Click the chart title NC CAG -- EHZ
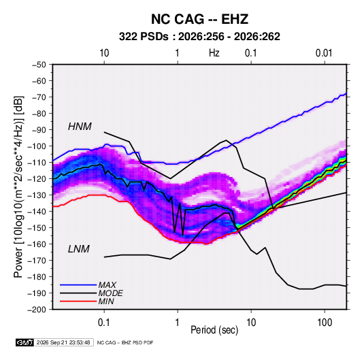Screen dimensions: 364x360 (199, 19)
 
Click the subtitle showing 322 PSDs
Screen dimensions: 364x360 (199, 37)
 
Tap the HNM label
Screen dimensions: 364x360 (80, 127)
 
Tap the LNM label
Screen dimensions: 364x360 (79, 249)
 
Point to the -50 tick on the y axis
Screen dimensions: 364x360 (39, 65)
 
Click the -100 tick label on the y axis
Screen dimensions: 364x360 (37, 146)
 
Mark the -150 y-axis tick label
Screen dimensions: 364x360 (37, 227)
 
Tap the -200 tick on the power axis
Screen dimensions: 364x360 (37, 310)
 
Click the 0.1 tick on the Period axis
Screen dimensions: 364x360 (104, 323)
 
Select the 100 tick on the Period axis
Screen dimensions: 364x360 (325, 323)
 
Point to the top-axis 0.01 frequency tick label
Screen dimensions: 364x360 (324, 53)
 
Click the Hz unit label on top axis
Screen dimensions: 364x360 (214, 53)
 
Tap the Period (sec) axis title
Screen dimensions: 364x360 (214, 330)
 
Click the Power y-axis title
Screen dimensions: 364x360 (18, 187)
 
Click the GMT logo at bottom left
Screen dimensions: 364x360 (25, 342)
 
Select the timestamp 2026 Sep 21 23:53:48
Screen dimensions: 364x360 (63, 342)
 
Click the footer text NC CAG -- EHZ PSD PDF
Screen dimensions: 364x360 (125, 342)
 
